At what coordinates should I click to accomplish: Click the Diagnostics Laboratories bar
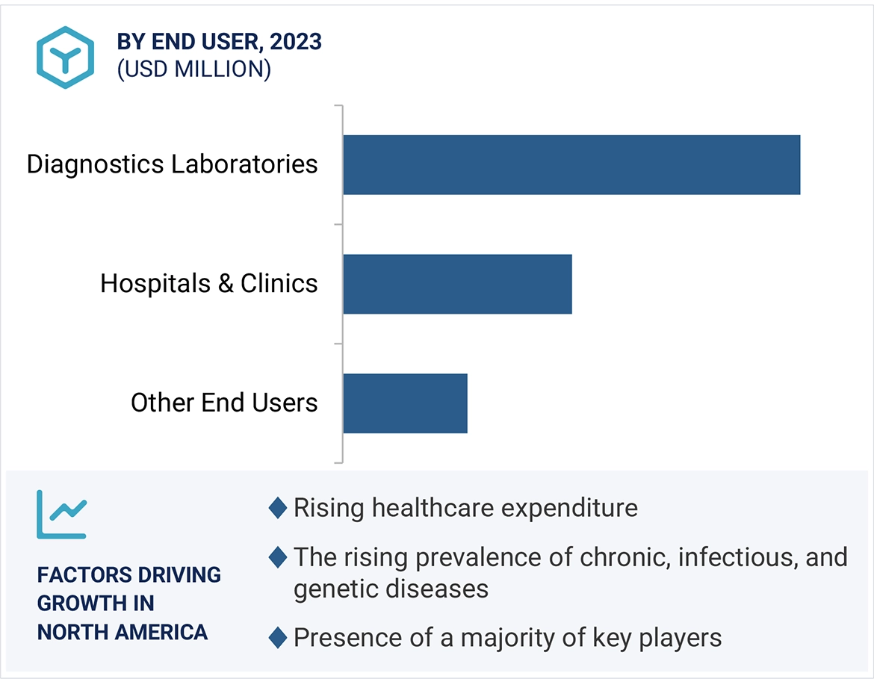click(x=571, y=165)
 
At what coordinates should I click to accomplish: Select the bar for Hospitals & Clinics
click(x=457, y=284)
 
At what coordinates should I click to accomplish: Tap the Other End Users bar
click(x=405, y=403)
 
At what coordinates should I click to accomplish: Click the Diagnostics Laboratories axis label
click(x=172, y=164)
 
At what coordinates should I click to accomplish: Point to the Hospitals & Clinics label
click(x=209, y=284)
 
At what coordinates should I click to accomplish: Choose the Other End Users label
click(x=224, y=403)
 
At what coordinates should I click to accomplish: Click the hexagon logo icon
click(x=66, y=58)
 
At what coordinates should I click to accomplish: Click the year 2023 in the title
click(x=296, y=42)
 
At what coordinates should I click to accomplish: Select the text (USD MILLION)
click(x=193, y=69)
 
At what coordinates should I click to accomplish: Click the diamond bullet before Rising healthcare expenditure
click(x=277, y=509)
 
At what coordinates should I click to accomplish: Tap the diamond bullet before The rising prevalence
click(x=277, y=557)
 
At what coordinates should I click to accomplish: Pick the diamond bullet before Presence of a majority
click(x=277, y=638)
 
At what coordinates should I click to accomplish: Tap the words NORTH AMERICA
click(x=123, y=632)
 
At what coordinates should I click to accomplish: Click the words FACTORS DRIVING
click(x=129, y=575)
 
